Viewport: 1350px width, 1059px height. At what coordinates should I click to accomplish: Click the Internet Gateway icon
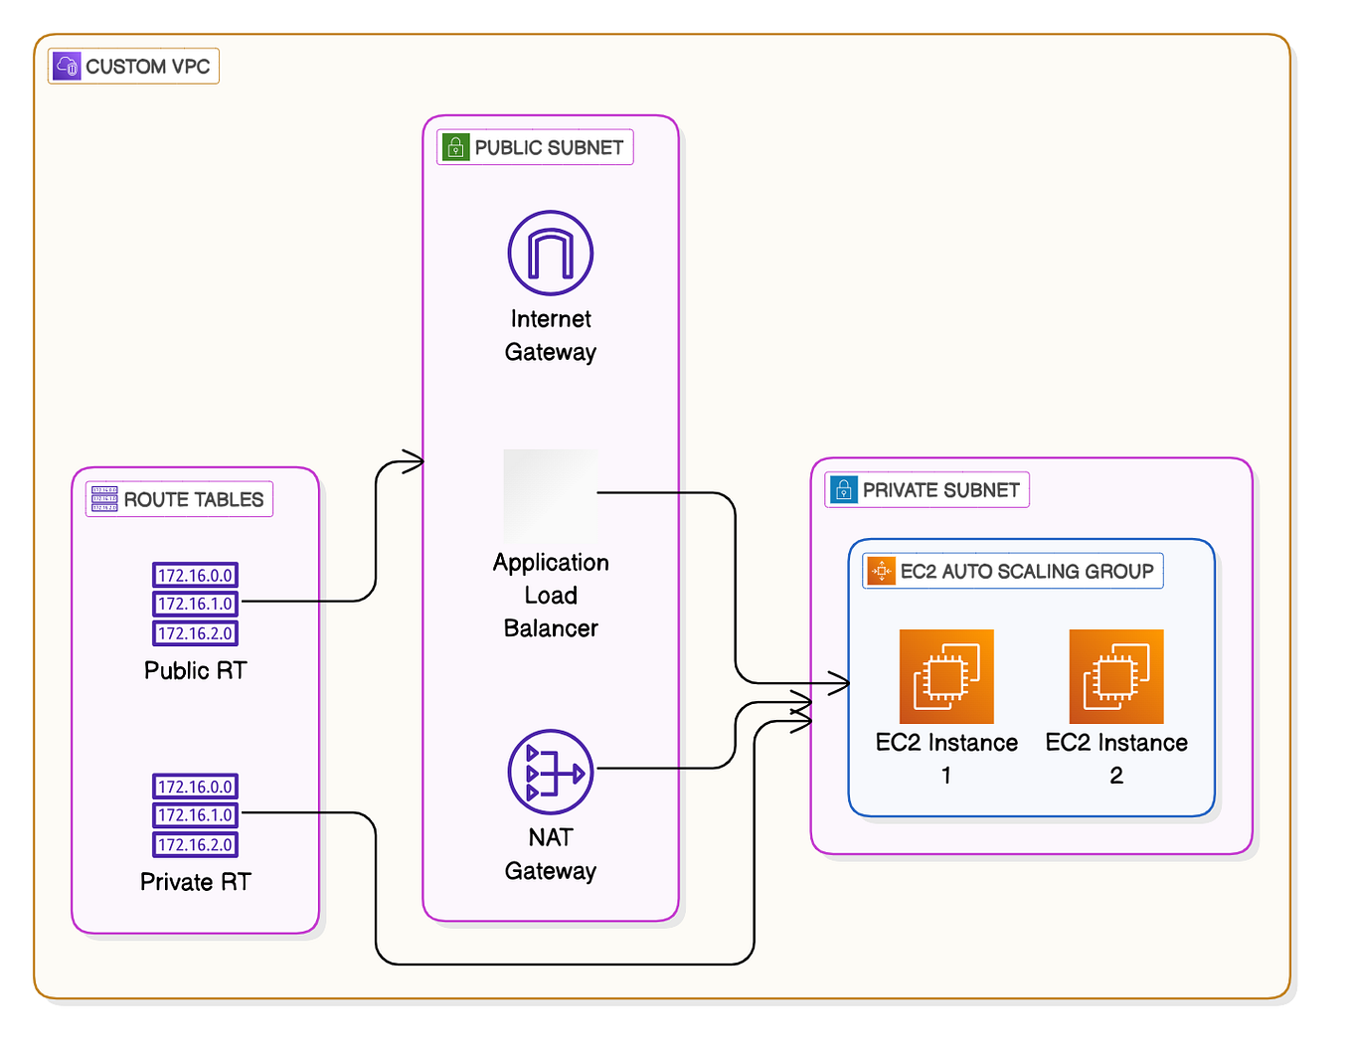point(550,253)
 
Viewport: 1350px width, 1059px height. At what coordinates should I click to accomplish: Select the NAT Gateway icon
point(550,772)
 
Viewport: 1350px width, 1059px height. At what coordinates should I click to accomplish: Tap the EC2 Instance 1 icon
point(945,676)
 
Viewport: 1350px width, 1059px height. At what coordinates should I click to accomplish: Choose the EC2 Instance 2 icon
point(1115,676)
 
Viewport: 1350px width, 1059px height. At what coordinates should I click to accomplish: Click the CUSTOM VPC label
point(147,67)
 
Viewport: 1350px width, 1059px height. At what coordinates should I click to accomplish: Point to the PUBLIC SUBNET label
point(549,147)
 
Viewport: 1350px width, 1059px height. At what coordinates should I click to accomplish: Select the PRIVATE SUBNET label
point(940,490)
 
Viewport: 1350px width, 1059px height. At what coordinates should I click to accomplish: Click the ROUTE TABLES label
point(193,499)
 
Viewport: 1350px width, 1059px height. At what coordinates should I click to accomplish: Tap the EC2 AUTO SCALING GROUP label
point(1026,571)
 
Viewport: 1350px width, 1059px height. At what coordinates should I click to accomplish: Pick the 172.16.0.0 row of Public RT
point(195,575)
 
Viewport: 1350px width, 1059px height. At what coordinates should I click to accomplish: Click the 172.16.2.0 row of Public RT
point(195,633)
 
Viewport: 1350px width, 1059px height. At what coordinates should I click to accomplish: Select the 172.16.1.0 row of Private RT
point(195,815)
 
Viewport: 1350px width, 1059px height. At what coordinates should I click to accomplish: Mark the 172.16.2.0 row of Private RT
point(195,845)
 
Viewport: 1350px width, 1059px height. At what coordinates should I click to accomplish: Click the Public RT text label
point(195,670)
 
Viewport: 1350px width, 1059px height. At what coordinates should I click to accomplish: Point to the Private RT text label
point(195,882)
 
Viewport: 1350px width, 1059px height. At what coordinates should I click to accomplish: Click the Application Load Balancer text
point(551,595)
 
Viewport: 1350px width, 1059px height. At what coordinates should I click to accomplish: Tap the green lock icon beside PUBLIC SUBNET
point(455,147)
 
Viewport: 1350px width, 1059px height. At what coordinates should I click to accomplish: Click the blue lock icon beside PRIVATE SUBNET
point(843,490)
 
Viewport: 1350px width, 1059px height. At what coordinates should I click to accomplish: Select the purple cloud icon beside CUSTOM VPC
point(67,67)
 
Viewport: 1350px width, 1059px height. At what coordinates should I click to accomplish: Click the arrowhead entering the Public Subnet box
point(413,461)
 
